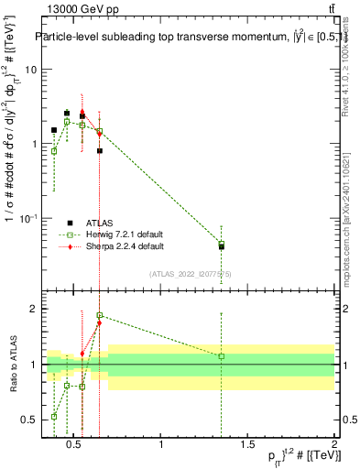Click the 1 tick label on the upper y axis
pos(32,144)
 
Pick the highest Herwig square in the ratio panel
pos(100,315)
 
